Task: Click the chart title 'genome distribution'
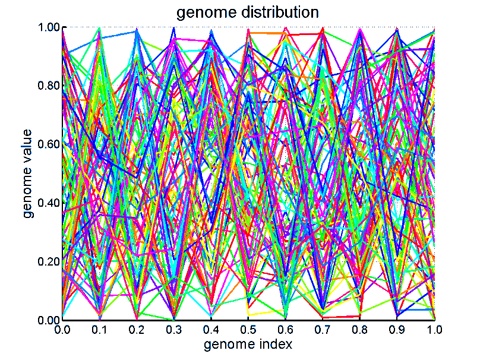click(248, 12)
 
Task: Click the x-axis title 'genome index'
click(248, 344)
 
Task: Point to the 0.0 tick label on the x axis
click(62, 329)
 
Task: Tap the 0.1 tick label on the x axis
click(99, 329)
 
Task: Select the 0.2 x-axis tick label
click(137, 329)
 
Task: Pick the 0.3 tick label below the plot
click(173, 329)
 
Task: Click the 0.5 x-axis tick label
click(248, 329)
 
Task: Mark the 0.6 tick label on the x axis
click(286, 329)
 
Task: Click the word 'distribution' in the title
click(277, 12)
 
